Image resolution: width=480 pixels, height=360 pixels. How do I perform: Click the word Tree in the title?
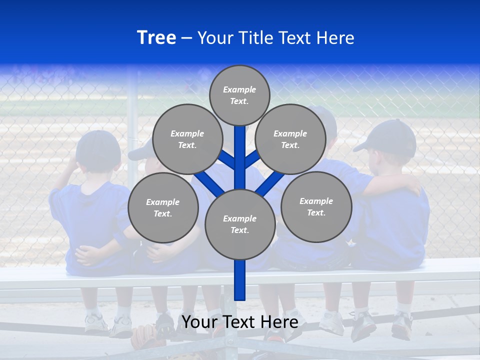click(x=156, y=37)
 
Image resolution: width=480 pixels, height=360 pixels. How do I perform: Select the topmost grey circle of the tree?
click(x=239, y=95)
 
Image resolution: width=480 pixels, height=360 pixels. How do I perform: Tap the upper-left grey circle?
click(x=187, y=139)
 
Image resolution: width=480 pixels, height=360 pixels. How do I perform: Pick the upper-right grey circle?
click(x=290, y=139)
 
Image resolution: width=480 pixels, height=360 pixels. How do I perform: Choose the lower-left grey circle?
click(x=163, y=207)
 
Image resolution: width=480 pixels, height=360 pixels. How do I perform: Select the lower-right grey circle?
click(x=316, y=206)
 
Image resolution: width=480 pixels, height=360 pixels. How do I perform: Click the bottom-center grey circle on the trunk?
click(x=240, y=224)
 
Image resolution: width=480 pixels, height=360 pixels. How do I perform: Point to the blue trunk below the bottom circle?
click(x=240, y=280)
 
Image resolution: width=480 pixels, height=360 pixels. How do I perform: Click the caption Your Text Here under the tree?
click(x=240, y=322)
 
